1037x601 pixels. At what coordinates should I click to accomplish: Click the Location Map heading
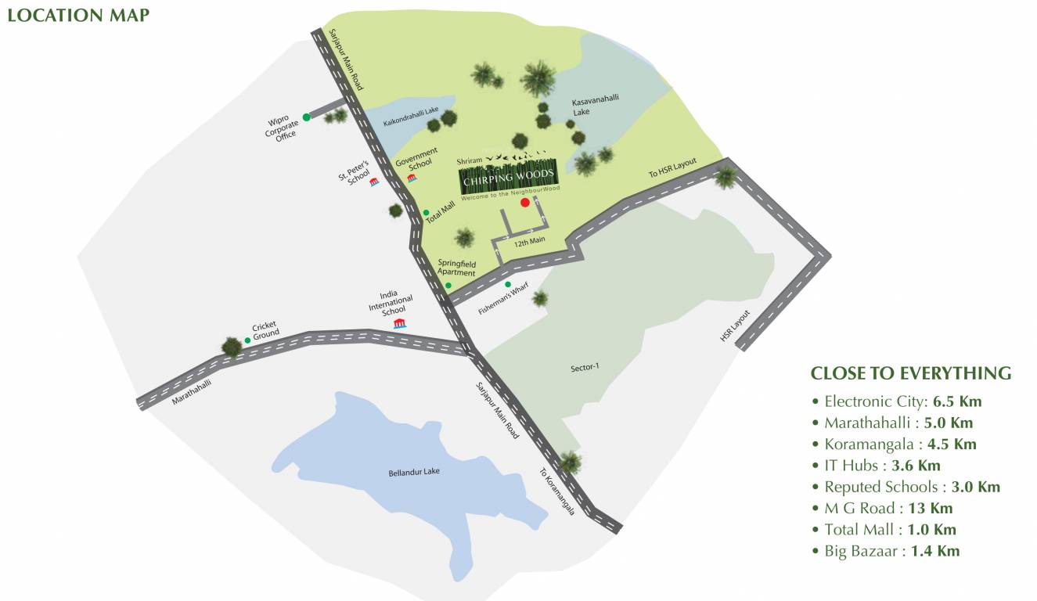click(77, 15)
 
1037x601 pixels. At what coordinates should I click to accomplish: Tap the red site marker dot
click(524, 203)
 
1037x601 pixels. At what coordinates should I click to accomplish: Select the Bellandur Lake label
click(411, 473)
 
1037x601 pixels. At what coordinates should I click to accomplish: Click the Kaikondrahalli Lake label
click(411, 121)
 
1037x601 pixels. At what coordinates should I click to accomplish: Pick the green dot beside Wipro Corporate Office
click(307, 117)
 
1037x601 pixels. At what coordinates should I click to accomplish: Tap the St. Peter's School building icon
click(374, 182)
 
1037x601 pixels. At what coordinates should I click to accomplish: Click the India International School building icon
click(399, 324)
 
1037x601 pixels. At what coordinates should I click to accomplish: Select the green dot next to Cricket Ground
click(247, 340)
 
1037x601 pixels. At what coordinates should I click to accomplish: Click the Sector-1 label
click(585, 366)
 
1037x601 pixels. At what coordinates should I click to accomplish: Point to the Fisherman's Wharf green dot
click(508, 284)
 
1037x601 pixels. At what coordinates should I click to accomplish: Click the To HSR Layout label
click(672, 169)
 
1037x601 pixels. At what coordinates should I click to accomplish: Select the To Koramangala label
click(556, 491)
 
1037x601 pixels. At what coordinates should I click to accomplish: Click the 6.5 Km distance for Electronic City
click(957, 401)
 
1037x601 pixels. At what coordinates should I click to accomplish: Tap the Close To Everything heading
click(910, 372)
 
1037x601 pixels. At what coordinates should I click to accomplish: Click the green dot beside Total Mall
click(426, 212)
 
